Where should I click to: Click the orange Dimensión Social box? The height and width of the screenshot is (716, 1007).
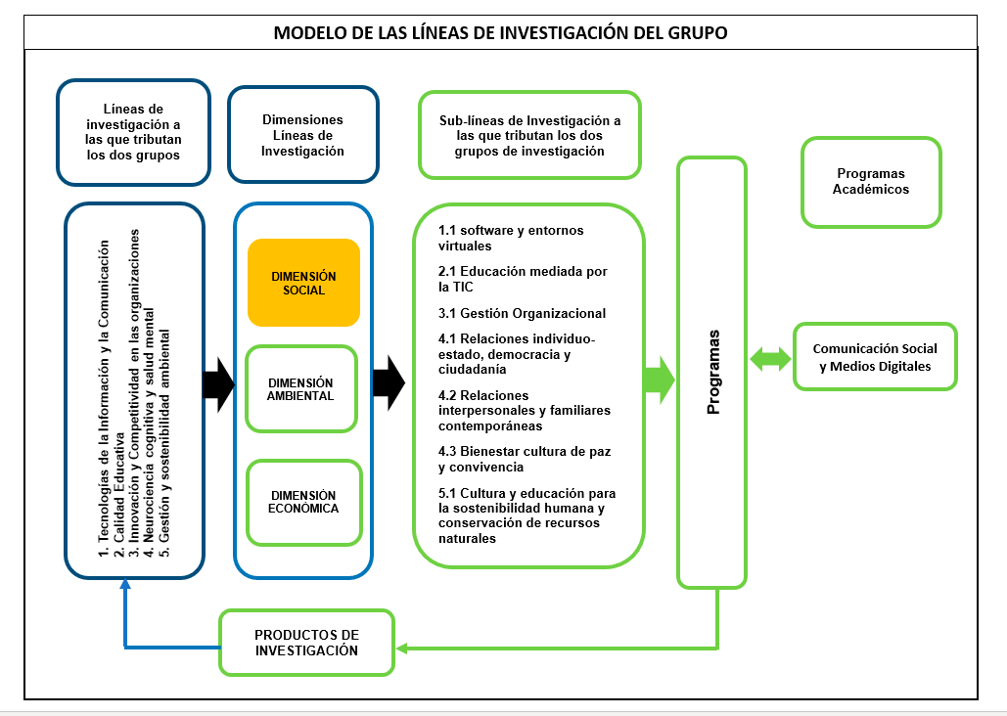click(303, 283)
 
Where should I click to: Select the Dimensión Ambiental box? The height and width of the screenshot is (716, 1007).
click(301, 389)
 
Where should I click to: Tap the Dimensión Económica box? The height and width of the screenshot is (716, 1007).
click(304, 502)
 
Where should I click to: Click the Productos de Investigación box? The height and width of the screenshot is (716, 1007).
click(306, 643)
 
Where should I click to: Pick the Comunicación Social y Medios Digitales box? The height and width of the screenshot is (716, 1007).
click(875, 357)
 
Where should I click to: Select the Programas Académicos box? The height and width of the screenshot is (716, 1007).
click(871, 182)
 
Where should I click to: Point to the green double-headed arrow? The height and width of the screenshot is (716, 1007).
click(770, 358)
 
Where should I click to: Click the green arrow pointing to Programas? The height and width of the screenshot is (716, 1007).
click(659, 380)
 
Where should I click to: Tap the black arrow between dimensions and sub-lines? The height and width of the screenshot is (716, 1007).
click(389, 382)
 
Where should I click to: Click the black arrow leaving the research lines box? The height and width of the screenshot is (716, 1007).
click(219, 384)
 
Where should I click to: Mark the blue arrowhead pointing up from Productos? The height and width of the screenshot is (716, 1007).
click(125, 583)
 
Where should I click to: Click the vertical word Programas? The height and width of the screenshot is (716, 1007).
click(712, 372)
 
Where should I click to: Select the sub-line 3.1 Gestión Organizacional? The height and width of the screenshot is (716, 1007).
click(523, 313)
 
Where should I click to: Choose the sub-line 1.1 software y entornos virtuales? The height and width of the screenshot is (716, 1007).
click(511, 238)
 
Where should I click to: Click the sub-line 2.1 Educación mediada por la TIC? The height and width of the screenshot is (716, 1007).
click(523, 279)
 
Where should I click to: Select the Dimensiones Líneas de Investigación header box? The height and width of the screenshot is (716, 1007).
click(303, 135)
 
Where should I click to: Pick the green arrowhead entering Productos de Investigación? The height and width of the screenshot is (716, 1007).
click(402, 649)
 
